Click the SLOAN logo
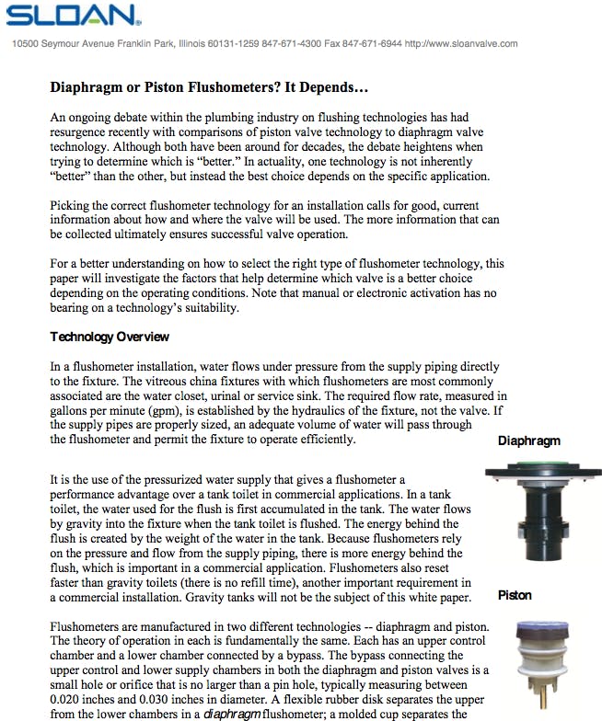(x=73, y=16)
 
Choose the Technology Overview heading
(x=110, y=337)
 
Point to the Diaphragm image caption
(x=529, y=441)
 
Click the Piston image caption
(x=515, y=595)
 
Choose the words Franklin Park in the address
(x=129, y=43)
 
